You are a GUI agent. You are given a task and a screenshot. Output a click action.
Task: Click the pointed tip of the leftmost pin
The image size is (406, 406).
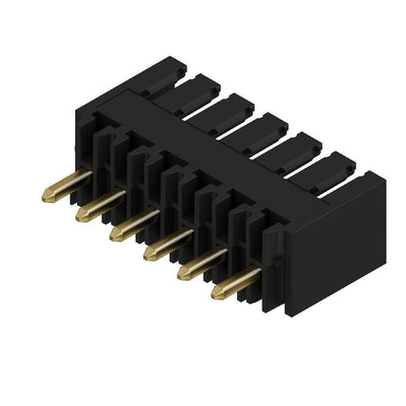[46, 198]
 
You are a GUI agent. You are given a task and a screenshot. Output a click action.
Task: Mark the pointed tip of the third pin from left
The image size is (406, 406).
[113, 235]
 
